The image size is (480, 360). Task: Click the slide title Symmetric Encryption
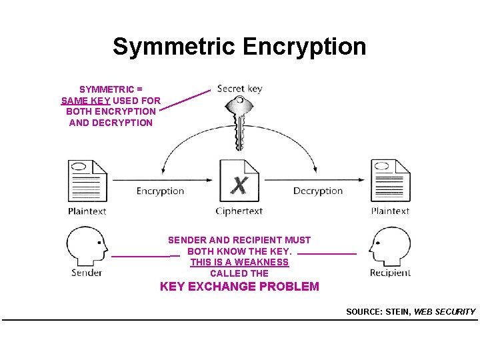[239, 47]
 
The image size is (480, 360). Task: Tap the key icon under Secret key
[237, 120]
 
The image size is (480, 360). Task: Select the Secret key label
[240, 89]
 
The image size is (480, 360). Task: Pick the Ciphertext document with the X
[239, 180]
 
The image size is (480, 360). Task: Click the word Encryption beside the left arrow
[160, 191]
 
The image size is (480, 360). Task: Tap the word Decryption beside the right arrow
[318, 191]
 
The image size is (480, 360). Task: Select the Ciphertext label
[239, 211]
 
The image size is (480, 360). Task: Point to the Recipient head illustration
[391, 245]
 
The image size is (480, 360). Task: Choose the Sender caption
[87, 273]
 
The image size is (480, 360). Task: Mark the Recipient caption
[391, 273]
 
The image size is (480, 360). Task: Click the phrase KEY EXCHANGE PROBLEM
[239, 287]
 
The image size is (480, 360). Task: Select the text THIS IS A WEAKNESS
[239, 262]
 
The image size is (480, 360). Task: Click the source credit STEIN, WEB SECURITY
[411, 311]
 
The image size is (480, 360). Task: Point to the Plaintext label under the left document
[87, 211]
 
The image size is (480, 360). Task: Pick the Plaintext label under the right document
[390, 211]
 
